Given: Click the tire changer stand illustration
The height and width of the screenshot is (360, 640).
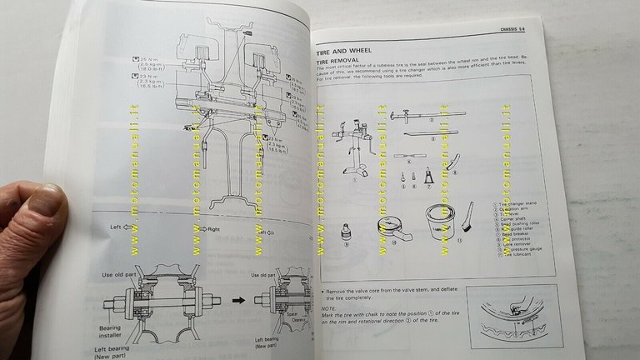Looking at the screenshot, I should click(x=353, y=155).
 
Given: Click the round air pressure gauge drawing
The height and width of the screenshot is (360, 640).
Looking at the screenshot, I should click(x=388, y=235).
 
